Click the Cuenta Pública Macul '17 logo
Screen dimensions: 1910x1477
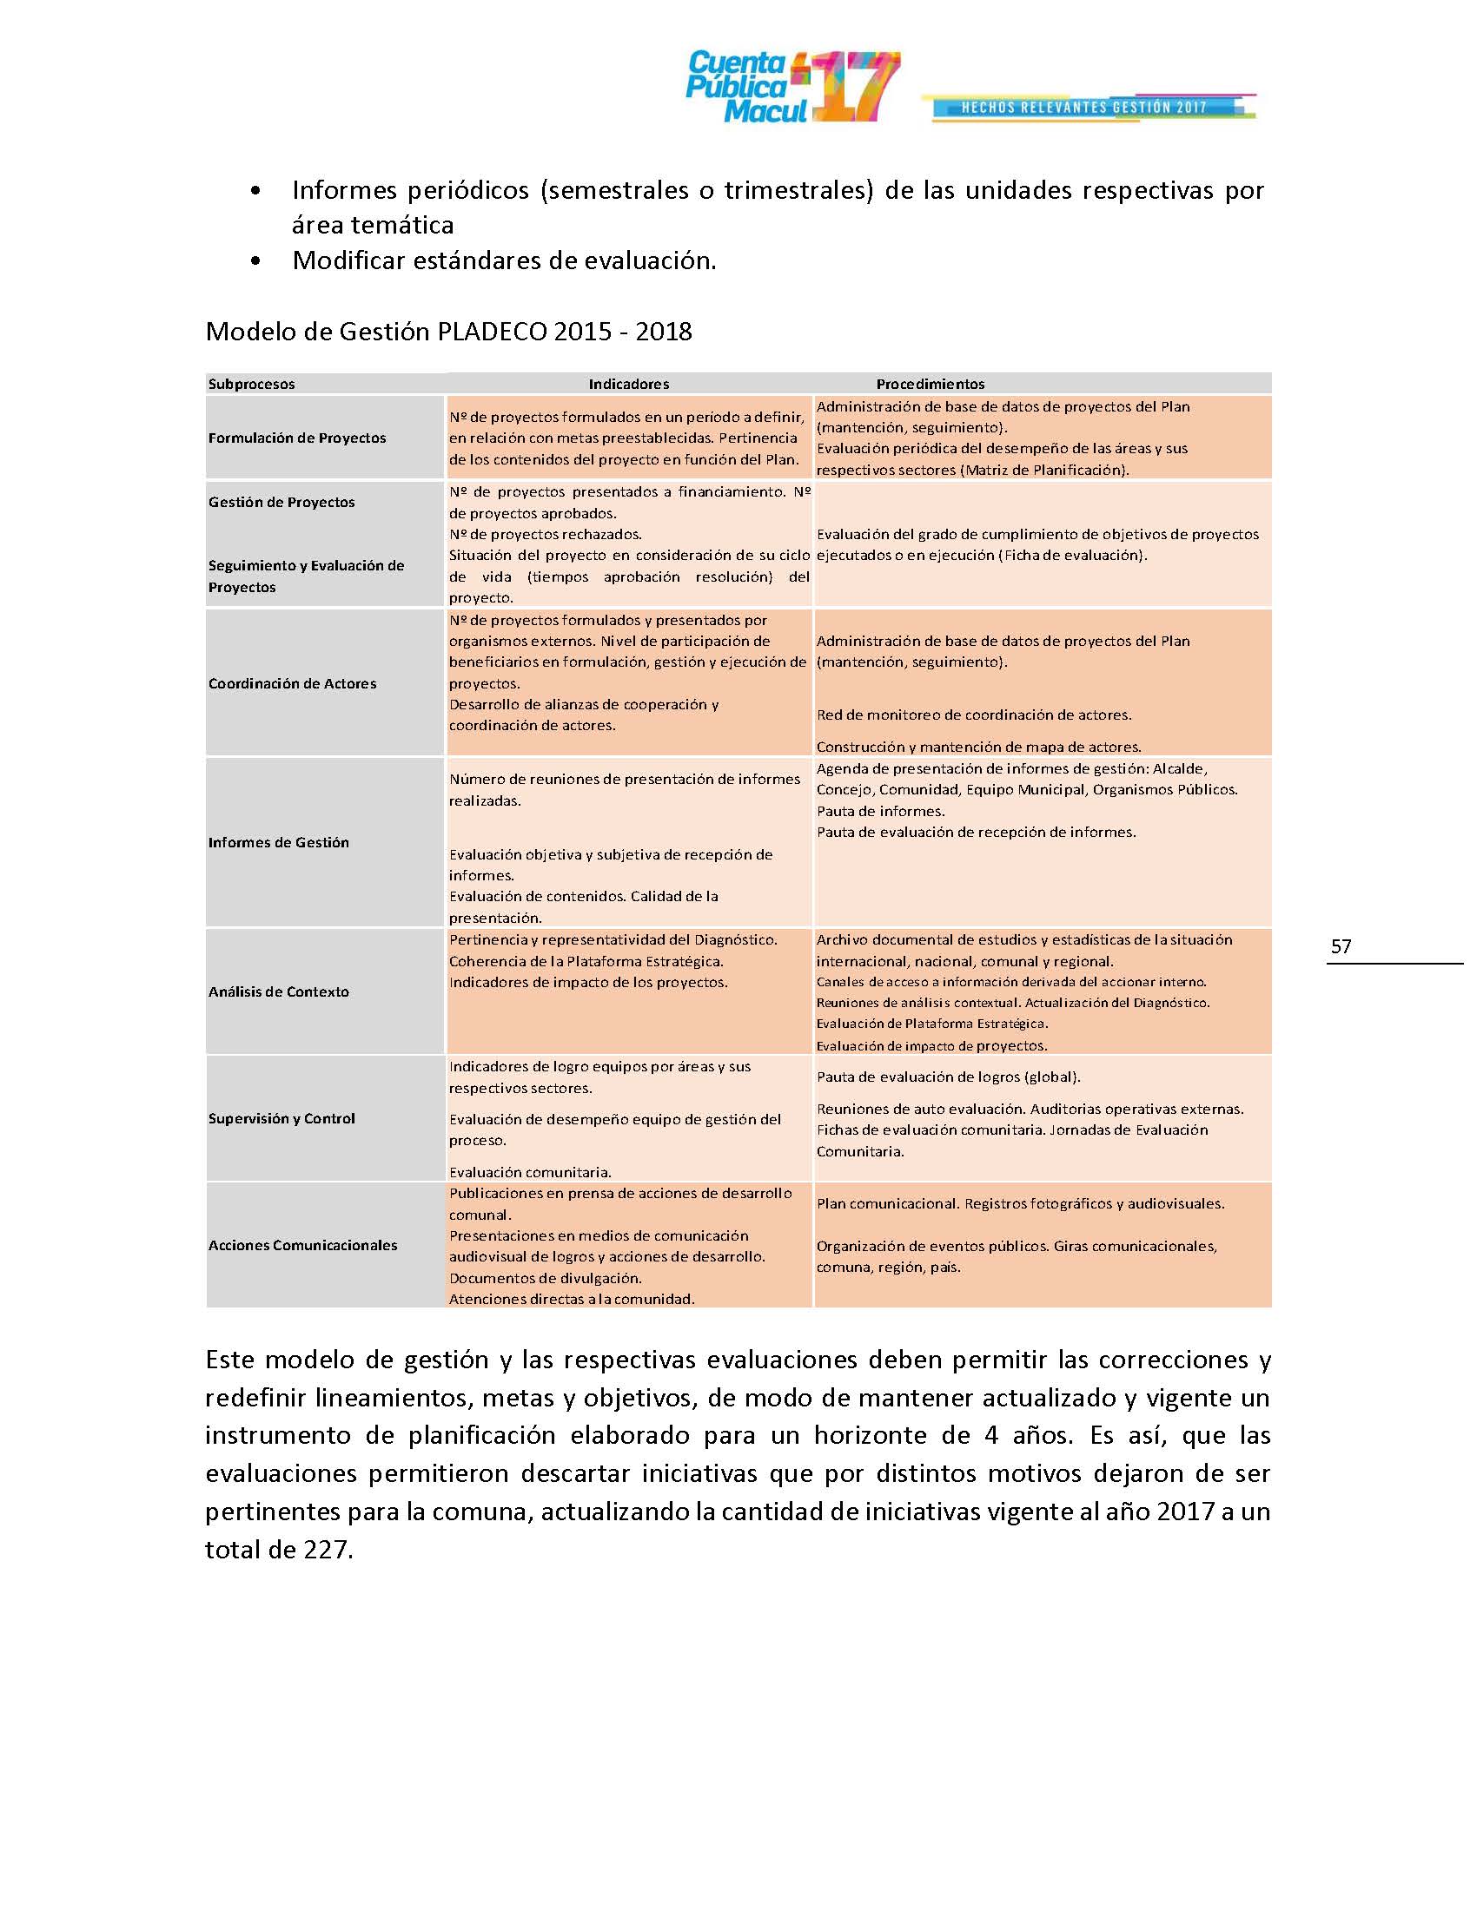(x=791, y=88)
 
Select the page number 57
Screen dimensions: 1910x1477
(x=1341, y=946)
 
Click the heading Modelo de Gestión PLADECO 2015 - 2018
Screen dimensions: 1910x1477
(x=448, y=332)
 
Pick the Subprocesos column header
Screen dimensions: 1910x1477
(x=251, y=384)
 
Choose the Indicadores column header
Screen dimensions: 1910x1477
(x=628, y=384)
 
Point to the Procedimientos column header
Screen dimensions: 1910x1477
(x=931, y=384)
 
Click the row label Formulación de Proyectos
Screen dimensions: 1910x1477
(x=296, y=438)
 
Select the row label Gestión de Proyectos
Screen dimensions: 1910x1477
(x=281, y=502)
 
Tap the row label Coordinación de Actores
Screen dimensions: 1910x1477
(x=292, y=684)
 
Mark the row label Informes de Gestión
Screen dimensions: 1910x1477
(x=278, y=842)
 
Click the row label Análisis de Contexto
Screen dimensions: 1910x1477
(x=278, y=991)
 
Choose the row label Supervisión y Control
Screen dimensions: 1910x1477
(x=281, y=1118)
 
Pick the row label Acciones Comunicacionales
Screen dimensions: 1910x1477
(x=301, y=1245)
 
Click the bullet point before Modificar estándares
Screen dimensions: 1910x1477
(x=255, y=261)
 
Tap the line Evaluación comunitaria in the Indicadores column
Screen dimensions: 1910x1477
(x=529, y=1172)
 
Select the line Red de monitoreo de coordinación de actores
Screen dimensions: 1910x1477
(x=973, y=715)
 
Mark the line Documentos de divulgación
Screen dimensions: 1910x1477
(x=545, y=1279)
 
